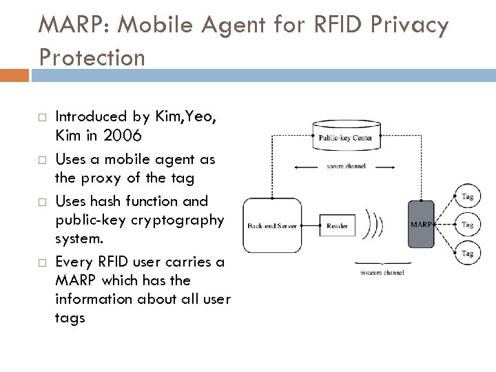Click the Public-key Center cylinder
coord(348,137)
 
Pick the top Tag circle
coord(467,196)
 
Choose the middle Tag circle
coord(467,225)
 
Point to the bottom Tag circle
coord(467,254)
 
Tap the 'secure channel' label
coord(347,165)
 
